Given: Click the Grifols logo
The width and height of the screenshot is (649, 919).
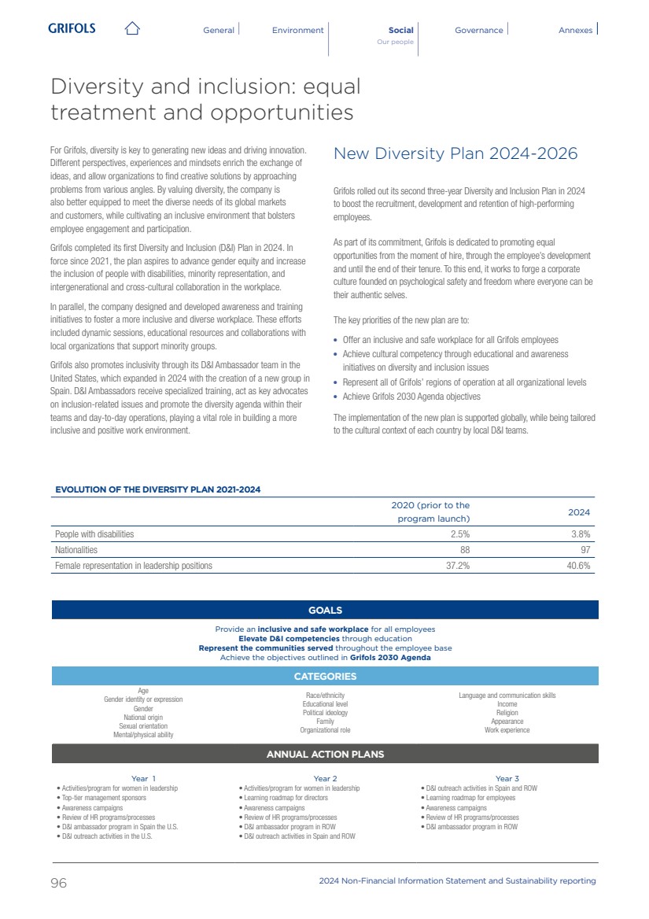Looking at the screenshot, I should [x=72, y=28].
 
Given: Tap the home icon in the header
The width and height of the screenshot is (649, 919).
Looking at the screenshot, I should [x=132, y=29].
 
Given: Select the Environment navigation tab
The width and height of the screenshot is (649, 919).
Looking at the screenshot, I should [x=297, y=30].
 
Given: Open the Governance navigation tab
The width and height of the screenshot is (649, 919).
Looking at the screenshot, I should [x=478, y=30].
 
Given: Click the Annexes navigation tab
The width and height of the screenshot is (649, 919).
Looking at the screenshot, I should [x=575, y=30].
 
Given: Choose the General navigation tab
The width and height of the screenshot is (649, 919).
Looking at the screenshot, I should [x=219, y=30].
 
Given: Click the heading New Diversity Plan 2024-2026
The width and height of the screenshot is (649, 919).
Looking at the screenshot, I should [x=455, y=153].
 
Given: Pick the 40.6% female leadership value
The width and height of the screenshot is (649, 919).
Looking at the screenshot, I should [x=578, y=566].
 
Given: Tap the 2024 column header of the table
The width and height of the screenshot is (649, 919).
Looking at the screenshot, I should [x=579, y=512].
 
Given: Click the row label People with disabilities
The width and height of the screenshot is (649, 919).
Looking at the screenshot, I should [x=94, y=534].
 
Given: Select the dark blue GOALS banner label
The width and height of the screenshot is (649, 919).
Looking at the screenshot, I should [x=325, y=610].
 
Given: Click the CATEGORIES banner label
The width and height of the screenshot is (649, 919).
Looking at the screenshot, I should [x=325, y=677].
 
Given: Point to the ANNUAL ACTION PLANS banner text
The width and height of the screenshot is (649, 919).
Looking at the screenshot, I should [x=325, y=755].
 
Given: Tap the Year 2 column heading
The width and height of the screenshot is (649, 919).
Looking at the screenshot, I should [x=325, y=779].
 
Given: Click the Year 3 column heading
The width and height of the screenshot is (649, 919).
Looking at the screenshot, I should [x=507, y=779].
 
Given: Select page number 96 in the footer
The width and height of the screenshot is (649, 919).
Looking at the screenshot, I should [x=59, y=883].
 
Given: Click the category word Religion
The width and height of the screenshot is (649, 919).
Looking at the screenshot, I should [x=507, y=713].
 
